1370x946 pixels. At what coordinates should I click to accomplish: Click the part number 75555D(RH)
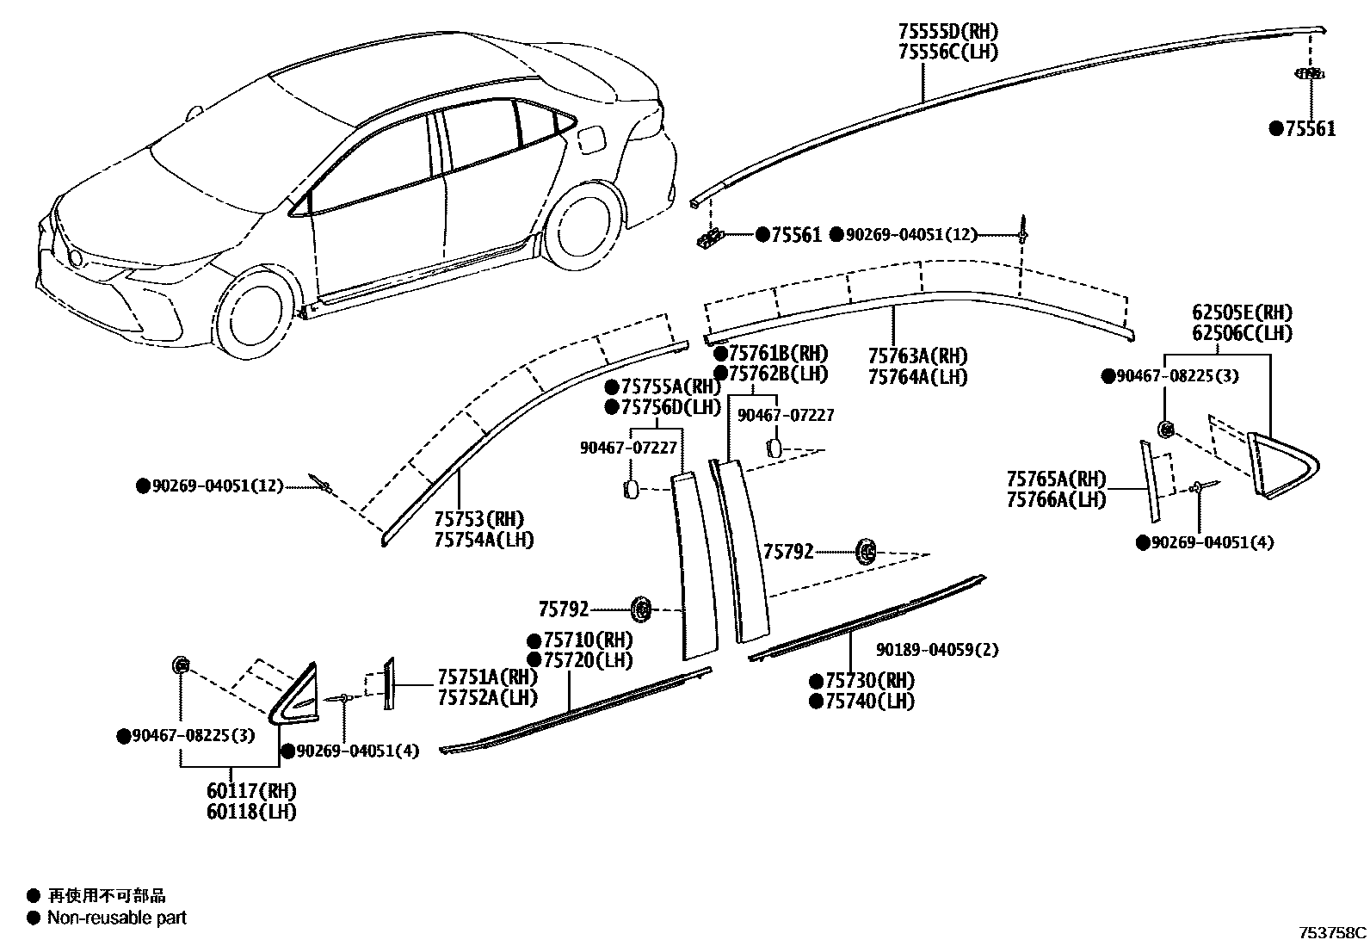pyautogui.click(x=947, y=32)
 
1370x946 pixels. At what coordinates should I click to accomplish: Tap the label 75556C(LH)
pyautogui.click(x=947, y=52)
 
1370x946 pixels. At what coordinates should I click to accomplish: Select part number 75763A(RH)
pyautogui.click(x=917, y=356)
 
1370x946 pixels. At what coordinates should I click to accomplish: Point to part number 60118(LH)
pyautogui.click(x=251, y=812)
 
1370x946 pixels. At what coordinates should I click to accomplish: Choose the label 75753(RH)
pyautogui.click(x=479, y=519)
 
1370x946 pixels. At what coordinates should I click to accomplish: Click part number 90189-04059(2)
pyautogui.click(x=937, y=650)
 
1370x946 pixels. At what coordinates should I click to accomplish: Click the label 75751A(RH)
pyautogui.click(x=486, y=677)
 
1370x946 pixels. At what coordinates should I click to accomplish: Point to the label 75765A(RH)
pyautogui.click(x=1056, y=479)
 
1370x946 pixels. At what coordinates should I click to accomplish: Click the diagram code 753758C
pyautogui.click(x=1332, y=932)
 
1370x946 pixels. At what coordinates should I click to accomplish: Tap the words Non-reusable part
pyautogui.click(x=117, y=918)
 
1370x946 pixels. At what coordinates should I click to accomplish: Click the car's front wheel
pyautogui.click(x=250, y=314)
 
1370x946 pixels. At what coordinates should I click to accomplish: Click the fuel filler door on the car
pyautogui.click(x=593, y=139)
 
